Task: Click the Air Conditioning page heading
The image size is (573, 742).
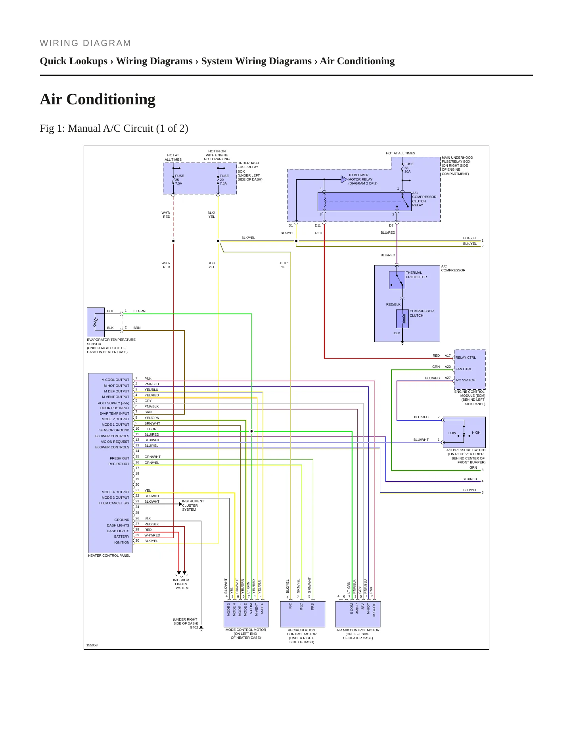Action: [98, 99]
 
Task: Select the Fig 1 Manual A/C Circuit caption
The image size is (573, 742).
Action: [114, 129]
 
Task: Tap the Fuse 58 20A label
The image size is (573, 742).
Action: [408, 168]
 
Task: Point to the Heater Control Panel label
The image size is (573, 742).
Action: [109, 556]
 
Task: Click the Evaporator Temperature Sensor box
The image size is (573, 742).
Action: [96, 322]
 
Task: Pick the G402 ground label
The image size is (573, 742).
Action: [194, 627]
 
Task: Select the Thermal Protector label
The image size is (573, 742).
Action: [416, 275]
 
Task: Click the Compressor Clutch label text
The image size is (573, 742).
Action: [422, 313]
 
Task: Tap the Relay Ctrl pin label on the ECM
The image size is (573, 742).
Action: [466, 358]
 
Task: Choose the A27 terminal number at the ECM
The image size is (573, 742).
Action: [448, 378]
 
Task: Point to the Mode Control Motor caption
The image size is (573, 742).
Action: [246, 634]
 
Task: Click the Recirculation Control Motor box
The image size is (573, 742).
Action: [303, 614]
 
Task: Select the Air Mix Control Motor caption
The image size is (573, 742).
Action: [358, 634]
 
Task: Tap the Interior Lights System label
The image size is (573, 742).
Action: [181, 584]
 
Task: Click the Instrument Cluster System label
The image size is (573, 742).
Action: [193, 506]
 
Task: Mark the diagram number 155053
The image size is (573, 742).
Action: [92, 645]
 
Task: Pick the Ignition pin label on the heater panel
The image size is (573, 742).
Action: [122, 542]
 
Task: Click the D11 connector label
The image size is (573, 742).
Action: [318, 225]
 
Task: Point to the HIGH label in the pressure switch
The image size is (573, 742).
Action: [476, 433]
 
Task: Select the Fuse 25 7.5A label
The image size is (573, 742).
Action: [179, 179]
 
